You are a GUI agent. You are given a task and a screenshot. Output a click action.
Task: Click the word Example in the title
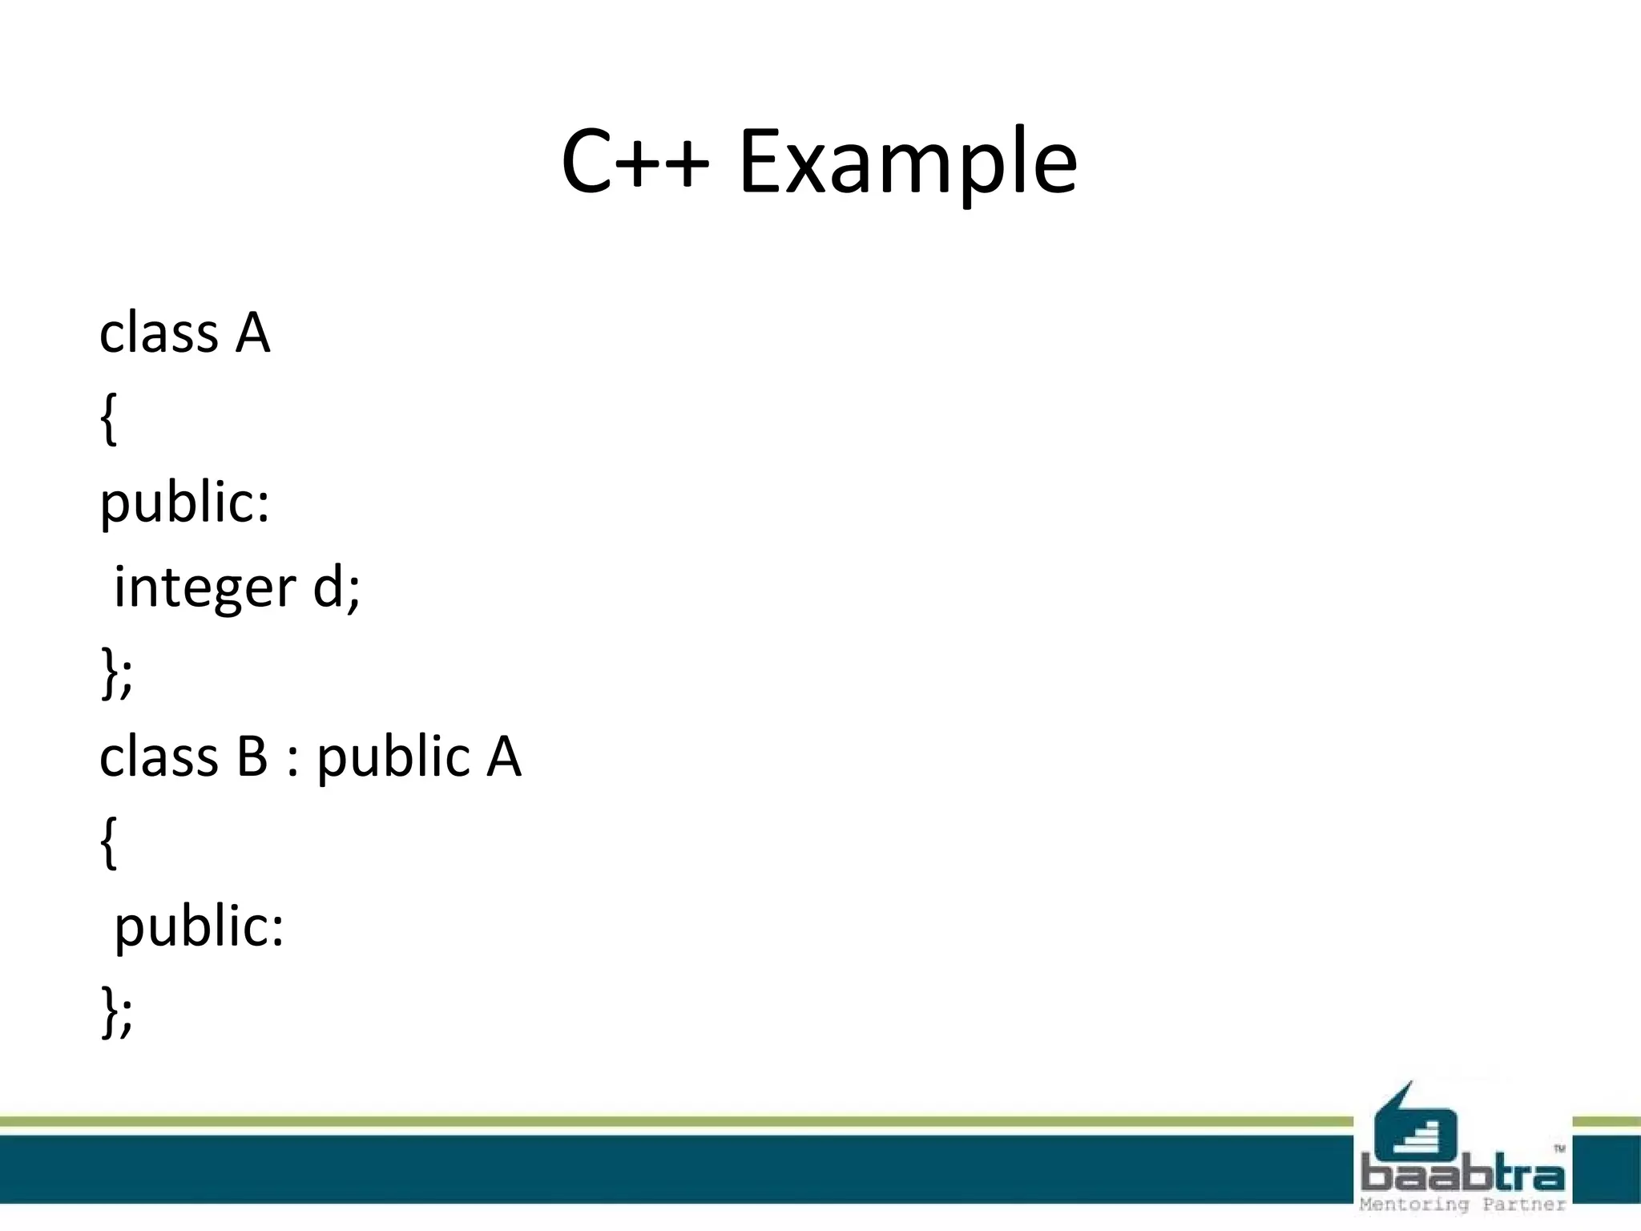[908, 163]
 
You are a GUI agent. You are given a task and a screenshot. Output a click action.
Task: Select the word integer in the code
[205, 587]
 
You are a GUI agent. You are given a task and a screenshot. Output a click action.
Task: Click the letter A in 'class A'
[253, 333]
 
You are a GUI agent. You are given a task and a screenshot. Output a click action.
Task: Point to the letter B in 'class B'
[252, 757]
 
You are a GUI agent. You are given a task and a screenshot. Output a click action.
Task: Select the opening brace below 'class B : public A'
[109, 842]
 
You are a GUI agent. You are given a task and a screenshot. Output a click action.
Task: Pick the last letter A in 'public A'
[504, 757]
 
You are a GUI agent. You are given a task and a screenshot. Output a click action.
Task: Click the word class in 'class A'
[159, 333]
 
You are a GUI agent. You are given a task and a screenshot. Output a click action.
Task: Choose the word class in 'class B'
[159, 757]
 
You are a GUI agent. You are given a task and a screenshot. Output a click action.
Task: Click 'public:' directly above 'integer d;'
[184, 503]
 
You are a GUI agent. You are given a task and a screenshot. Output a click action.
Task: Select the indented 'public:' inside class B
[199, 927]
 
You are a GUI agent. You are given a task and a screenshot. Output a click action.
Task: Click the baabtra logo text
[1462, 1176]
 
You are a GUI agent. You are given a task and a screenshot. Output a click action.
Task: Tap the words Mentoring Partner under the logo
[1462, 1205]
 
